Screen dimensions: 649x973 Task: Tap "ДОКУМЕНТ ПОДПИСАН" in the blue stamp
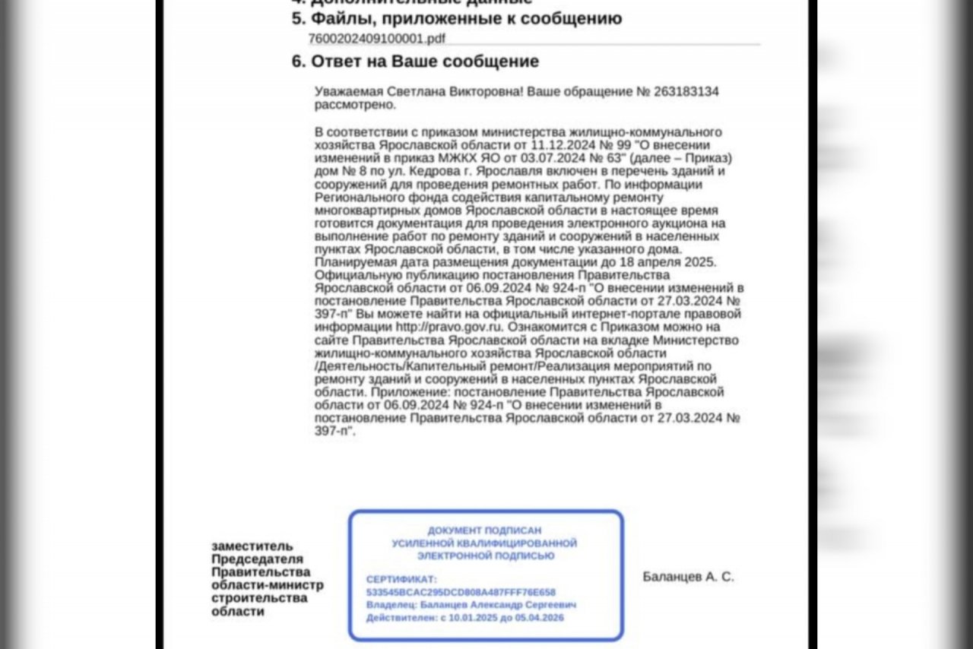[484, 530]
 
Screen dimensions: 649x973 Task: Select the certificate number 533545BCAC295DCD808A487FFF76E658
[461, 592]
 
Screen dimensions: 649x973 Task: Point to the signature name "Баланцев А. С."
[688, 577]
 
